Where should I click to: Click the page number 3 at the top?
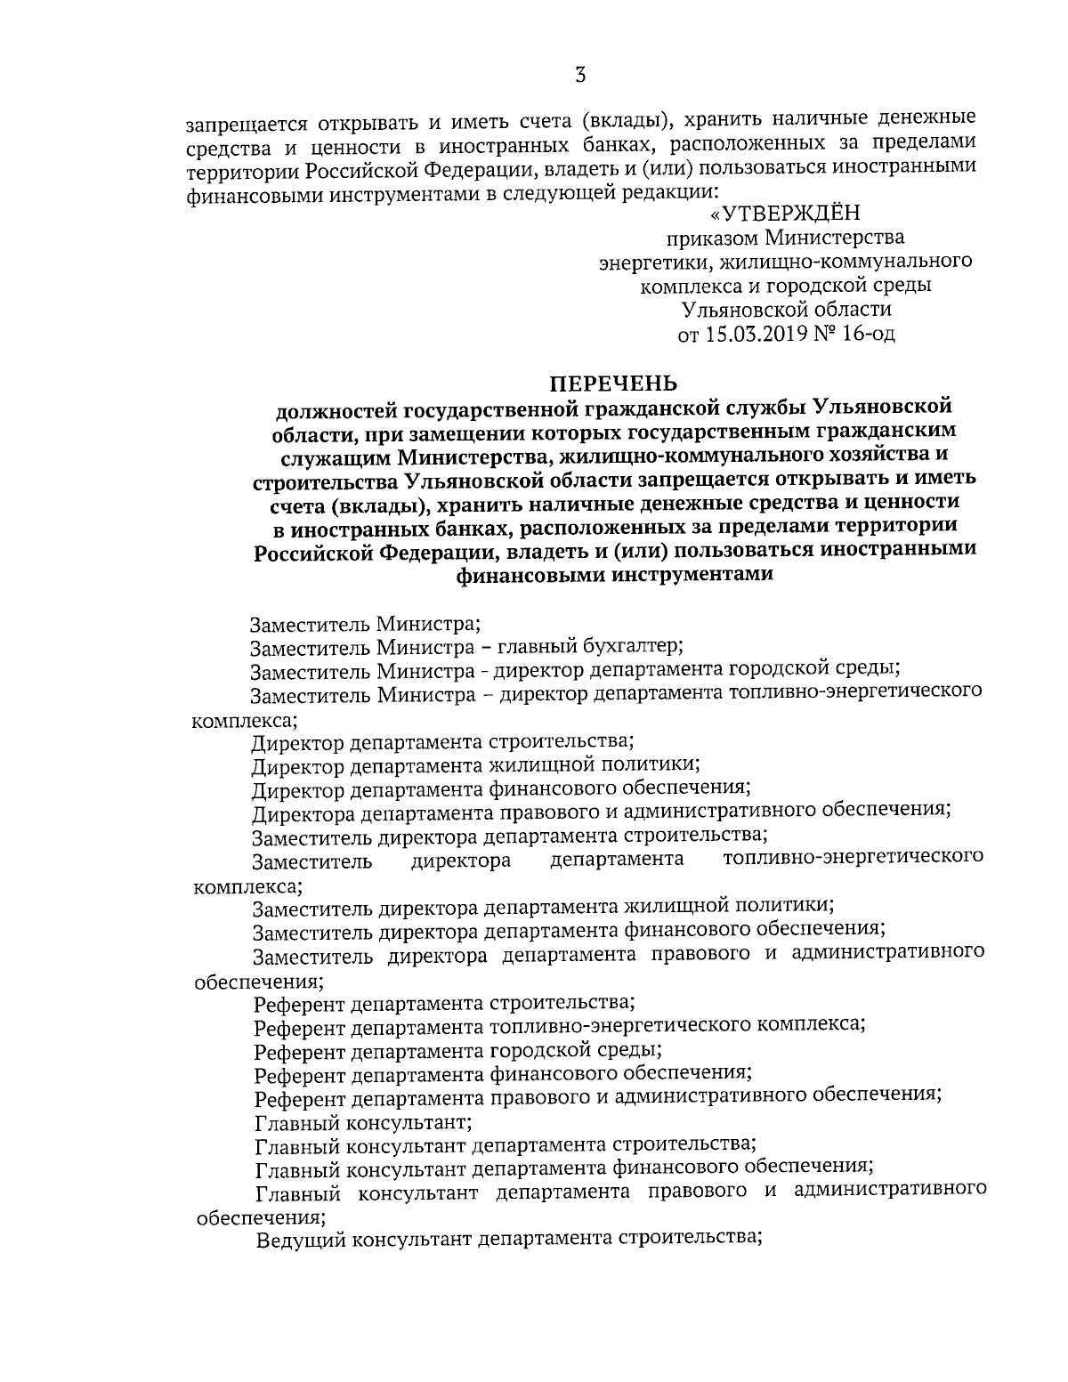[579, 75]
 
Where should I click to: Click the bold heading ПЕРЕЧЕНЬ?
[613, 384]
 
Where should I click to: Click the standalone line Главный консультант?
[363, 1120]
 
